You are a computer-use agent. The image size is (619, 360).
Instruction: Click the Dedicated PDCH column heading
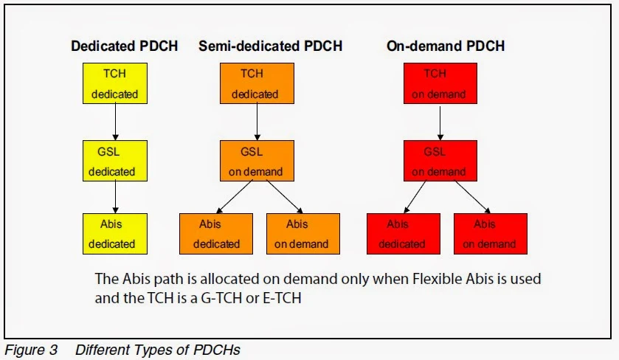(124, 46)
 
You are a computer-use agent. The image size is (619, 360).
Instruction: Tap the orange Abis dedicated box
(217, 234)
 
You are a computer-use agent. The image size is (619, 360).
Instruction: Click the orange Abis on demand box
(302, 234)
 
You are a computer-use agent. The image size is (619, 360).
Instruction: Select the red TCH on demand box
(439, 83)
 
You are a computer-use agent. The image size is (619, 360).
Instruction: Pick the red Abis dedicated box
(403, 234)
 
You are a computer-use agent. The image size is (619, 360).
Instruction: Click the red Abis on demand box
(490, 234)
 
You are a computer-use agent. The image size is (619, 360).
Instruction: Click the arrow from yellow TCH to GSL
(114, 122)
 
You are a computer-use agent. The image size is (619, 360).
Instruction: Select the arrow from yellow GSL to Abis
(114, 197)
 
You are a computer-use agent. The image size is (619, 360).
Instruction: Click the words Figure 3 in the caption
(32, 350)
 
